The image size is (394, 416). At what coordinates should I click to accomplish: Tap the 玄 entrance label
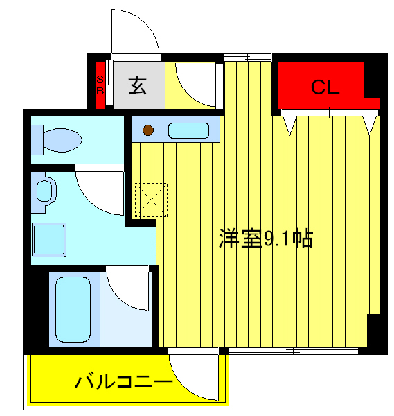point(137,85)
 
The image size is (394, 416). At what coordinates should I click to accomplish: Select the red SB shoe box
point(100,85)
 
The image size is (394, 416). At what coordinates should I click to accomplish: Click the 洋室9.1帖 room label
point(266,239)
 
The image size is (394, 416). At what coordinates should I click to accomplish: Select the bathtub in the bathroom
point(73,309)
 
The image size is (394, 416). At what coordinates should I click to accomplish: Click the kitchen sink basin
point(188,130)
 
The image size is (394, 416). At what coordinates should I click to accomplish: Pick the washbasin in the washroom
point(44,191)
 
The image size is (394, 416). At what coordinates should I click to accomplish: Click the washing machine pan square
point(48,240)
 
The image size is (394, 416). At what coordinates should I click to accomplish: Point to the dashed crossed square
point(150,200)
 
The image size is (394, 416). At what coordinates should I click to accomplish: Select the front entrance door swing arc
point(136,31)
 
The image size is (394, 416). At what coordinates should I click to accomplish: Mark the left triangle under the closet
point(290,125)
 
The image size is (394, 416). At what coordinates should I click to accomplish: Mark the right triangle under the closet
point(370,125)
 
